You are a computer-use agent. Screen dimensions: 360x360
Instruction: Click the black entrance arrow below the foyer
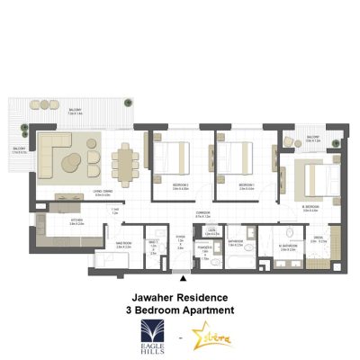point(185,281)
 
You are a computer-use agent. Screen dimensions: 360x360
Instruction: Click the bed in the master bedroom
point(310,175)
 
